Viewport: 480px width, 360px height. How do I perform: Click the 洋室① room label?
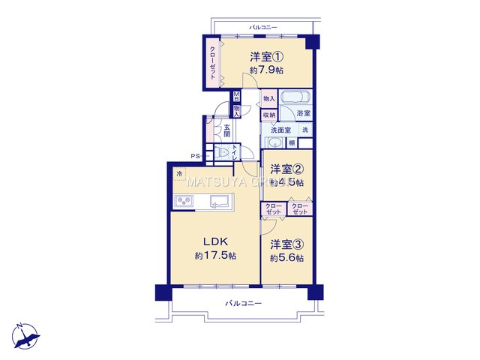(265, 55)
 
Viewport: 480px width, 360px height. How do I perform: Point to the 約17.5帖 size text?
(215, 256)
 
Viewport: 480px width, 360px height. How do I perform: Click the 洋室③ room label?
(287, 244)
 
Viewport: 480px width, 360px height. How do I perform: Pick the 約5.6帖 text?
(287, 258)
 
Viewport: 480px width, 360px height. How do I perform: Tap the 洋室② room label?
(286, 168)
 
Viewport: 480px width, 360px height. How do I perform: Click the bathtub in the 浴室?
(295, 99)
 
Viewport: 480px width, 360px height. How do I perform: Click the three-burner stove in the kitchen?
(184, 201)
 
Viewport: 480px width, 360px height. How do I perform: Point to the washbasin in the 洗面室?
(274, 142)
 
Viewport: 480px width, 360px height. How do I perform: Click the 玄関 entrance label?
(226, 130)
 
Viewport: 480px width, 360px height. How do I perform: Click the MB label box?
(237, 96)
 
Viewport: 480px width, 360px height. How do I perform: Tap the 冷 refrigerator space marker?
(179, 175)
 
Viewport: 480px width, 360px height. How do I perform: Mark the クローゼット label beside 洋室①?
(212, 58)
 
